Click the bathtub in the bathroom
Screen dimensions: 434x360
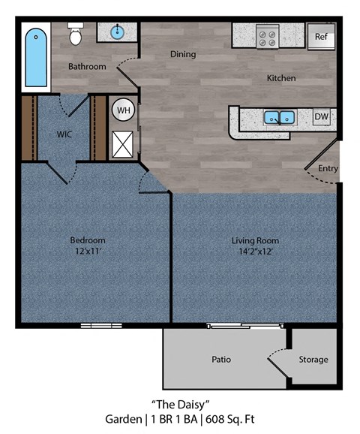[x=36, y=57]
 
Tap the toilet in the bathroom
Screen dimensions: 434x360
[x=76, y=35]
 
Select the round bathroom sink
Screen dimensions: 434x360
[x=118, y=32]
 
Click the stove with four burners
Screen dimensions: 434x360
[x=266, y=36]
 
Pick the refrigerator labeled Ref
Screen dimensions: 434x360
[x=321, y=36]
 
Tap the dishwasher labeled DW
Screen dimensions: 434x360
[x=321, y=117]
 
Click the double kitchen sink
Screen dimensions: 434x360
[x=278, y=117]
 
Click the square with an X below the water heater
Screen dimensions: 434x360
[x=121, y=142]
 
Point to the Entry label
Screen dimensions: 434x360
[x=328, y=168]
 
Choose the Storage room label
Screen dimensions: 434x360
[x=313, y=360]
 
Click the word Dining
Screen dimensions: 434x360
[x=182, y=54]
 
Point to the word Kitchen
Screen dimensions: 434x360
[x=281, y=78]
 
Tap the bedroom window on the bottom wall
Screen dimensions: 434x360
[x=101, y=325]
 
